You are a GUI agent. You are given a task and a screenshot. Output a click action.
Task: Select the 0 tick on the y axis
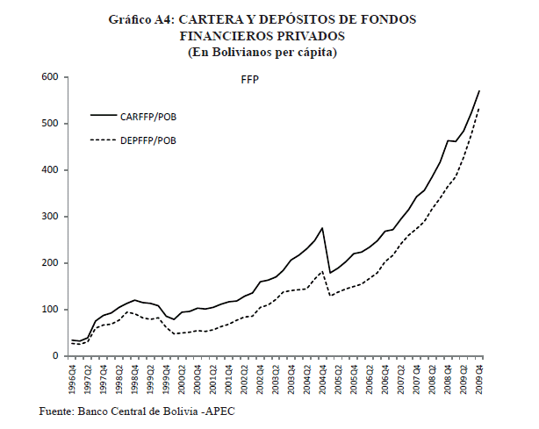pos(54,356)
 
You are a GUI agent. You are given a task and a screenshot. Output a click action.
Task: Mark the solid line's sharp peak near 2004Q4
pos(323,228)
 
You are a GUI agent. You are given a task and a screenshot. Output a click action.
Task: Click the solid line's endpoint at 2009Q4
pos(479,90)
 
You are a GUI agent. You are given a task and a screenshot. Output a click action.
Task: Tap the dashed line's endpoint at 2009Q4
pos(479,109)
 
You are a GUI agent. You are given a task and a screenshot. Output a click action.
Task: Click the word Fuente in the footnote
pos(57,411)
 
